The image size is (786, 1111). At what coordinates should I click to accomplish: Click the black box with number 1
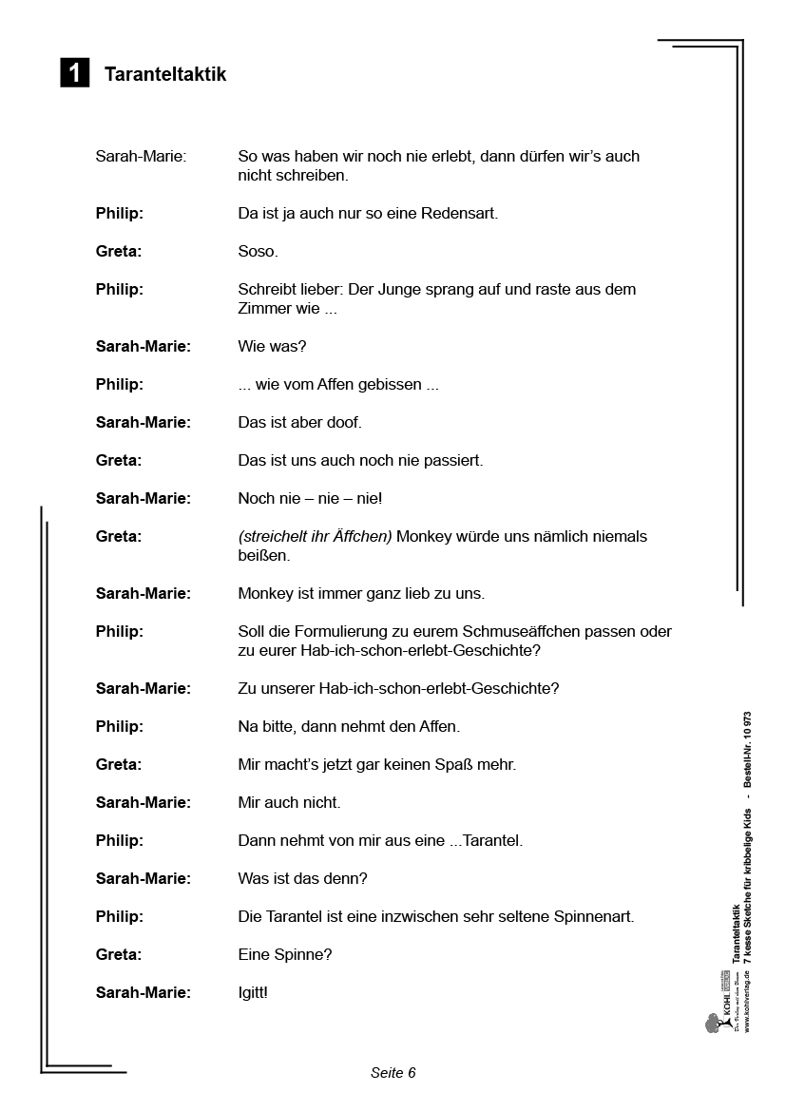coord(75,73)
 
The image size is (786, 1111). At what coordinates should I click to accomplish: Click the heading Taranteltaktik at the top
coord(165,74)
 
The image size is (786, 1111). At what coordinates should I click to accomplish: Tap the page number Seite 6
coord(393,1073)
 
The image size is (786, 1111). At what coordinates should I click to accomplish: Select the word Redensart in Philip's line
coord(458,214)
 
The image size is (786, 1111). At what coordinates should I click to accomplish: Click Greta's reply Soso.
coord(258,252)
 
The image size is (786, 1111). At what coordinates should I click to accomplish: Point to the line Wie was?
coord(272,347)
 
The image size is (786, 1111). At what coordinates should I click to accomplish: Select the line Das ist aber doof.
coord(299,423)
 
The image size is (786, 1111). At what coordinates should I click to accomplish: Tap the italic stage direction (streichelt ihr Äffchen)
coord(315,537)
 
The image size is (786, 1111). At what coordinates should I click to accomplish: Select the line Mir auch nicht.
coord(289,803)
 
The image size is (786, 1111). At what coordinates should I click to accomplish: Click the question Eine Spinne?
coord(285,955)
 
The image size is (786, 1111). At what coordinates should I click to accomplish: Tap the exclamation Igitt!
coord(253,993)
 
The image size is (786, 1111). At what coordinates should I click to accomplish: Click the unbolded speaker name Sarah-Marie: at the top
coord(141,157)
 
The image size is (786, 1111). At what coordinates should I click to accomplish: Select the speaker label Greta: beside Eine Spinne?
coord(119,955)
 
